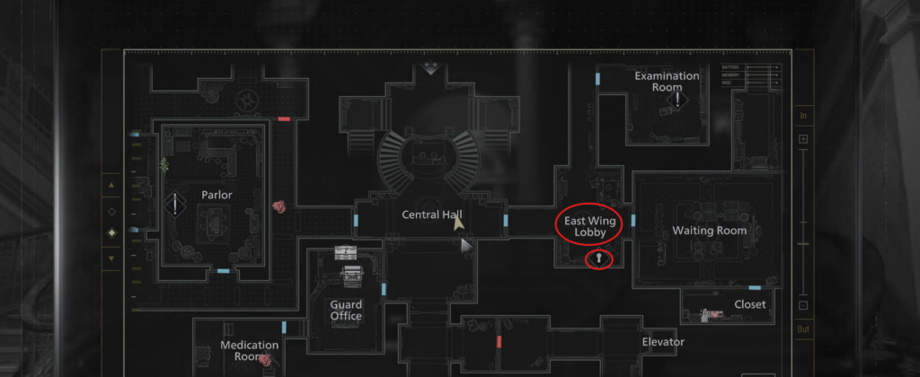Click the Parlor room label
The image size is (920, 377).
[217, 195]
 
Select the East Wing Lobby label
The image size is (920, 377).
[592, 225]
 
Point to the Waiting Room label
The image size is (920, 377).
[710, 231]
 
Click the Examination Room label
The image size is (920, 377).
[667, 82]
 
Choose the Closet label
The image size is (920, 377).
[750, 304]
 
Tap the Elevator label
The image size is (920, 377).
[663, 342]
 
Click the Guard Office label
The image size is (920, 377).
[346, 310]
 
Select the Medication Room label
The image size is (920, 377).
[250, 350]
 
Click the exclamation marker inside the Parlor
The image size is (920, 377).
[175, 206]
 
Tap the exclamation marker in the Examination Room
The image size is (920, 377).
[679, 101]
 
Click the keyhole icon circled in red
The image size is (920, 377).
[599, 260]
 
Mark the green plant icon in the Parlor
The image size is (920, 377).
[164, 164]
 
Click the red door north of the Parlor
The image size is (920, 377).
[284, 118]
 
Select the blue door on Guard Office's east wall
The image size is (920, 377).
[384, 289]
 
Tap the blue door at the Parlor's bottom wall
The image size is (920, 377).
[223, 270]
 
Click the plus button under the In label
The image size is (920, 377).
[803, 139]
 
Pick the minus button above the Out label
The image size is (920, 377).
[803, 304]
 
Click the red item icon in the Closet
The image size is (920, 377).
[715, 313]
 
